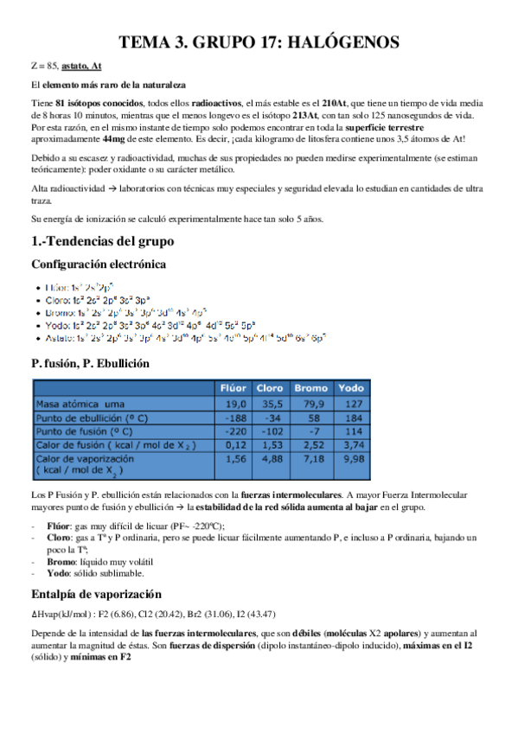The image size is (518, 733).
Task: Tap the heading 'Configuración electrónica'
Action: [x=99, y=264]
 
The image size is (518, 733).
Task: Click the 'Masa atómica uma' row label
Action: [x=79, y=403]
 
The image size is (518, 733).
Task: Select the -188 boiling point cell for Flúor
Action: [x=235, y=417]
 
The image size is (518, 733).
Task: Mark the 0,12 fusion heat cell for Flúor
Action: [x=235, y=444]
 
